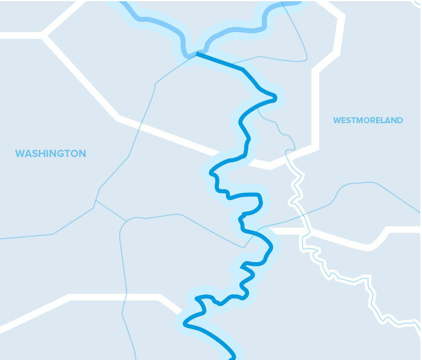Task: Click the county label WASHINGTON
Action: click(50, 153)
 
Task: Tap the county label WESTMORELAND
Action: click(368, 120)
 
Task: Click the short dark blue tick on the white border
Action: click(126, 297)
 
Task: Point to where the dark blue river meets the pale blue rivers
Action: click(196, 54)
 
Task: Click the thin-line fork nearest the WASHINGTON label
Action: click(96, 201)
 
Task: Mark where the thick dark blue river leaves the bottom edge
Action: click(233, 357)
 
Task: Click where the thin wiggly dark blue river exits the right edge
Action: click(419, 326)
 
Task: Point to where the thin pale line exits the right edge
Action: click(420, 212)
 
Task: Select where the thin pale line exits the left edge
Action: click(2, 238)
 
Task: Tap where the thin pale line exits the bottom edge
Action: click(135, 358)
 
